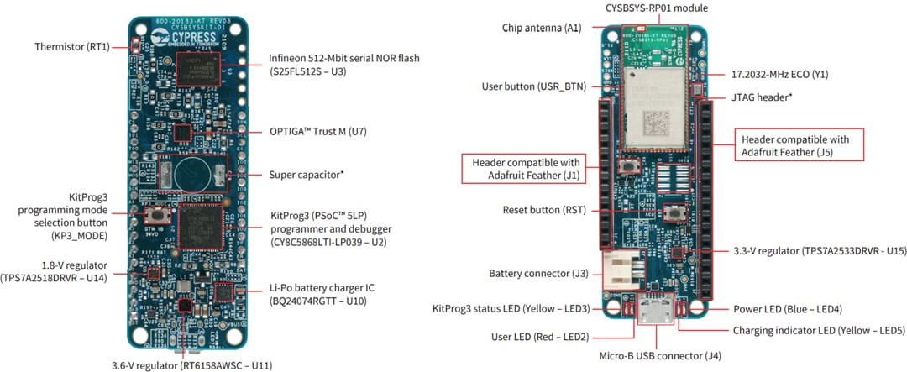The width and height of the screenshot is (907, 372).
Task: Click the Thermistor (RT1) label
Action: coord(72,46)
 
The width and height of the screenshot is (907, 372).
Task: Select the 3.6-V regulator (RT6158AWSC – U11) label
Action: coord(191,365)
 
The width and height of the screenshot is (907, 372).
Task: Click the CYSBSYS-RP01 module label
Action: coord(658,8)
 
